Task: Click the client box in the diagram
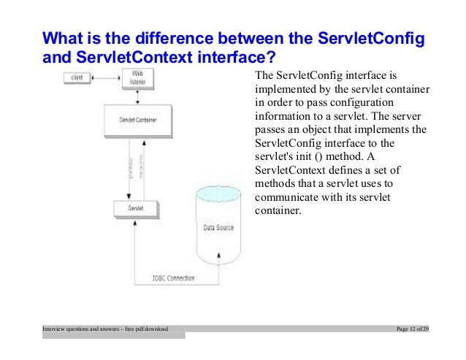(x=76, y=77)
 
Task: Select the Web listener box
(x=137, y=77)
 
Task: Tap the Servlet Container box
(x=137, y=118)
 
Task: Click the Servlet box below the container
(x=136, y=208)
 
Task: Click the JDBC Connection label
(x=173, y=278)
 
